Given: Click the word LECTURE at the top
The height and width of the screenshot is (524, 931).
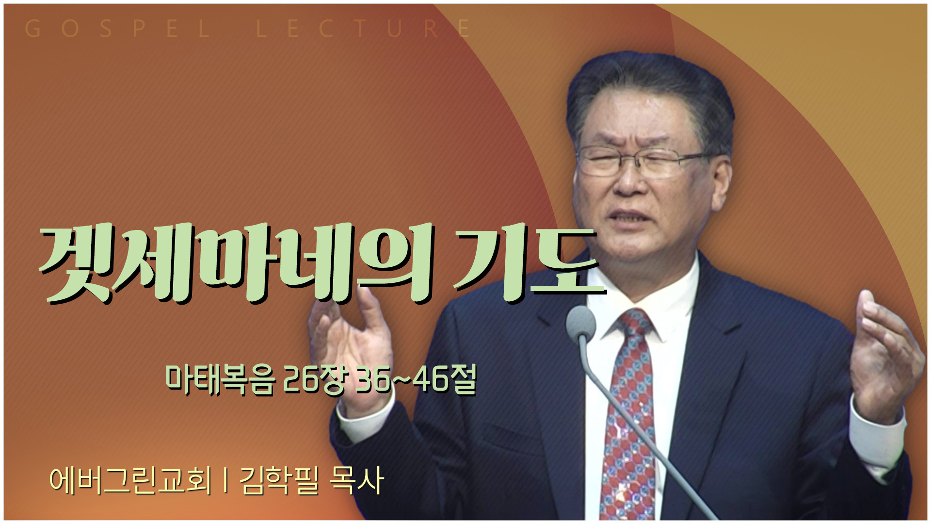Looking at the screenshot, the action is coord(363,29).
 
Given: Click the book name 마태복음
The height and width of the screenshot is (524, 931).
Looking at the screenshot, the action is coord(220,379).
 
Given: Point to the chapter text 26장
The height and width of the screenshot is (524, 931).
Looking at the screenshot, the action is coord(314,379).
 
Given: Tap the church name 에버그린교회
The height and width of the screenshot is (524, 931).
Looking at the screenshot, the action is coord(130,480).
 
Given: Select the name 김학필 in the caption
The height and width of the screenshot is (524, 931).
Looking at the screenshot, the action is coord(279,480).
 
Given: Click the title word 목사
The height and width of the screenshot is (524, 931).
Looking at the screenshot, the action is coord(356,480).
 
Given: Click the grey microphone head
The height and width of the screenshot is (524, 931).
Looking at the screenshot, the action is coord(581,322).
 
